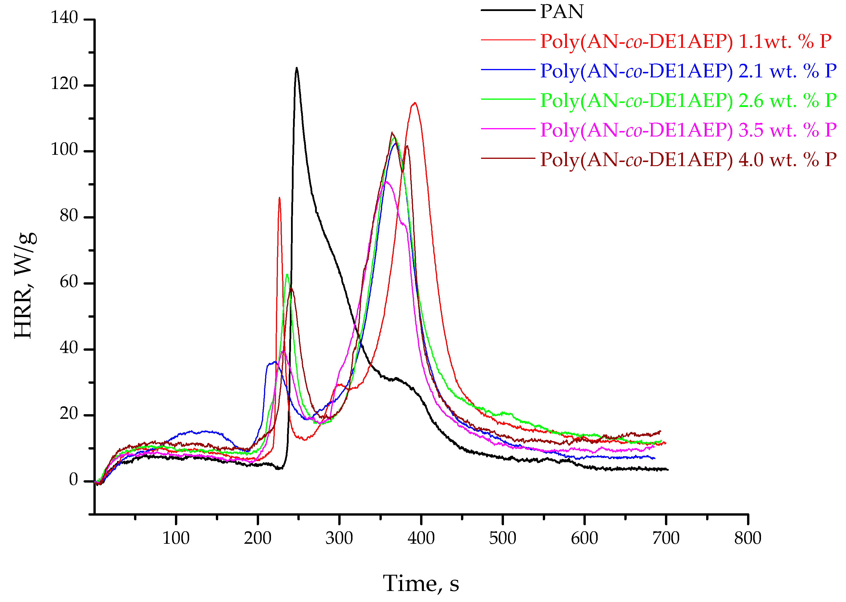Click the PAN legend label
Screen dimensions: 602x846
tap(561, 12)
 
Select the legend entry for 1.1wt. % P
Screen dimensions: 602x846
tap(685, 41)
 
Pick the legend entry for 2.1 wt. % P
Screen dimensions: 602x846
tap(688, 71)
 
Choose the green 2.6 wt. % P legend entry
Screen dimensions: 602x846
tap(688, 101)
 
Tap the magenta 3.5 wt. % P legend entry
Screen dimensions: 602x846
tap(688, 130)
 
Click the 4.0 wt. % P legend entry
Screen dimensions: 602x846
tap(688, 159)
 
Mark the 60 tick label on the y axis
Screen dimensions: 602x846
tap(69, 282)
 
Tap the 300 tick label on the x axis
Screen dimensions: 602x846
tap(339, 538)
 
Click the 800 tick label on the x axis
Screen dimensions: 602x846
tap(748, 538)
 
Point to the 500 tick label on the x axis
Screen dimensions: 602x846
tap(502, 538)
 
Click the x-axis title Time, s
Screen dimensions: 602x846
tap(421, 583)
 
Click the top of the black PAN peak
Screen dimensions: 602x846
tap(297, 68)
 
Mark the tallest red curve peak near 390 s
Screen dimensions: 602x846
tap(415, 103)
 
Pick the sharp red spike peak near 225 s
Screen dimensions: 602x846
tap(279, 198)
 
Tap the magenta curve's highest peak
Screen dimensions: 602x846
tap(386, 182)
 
